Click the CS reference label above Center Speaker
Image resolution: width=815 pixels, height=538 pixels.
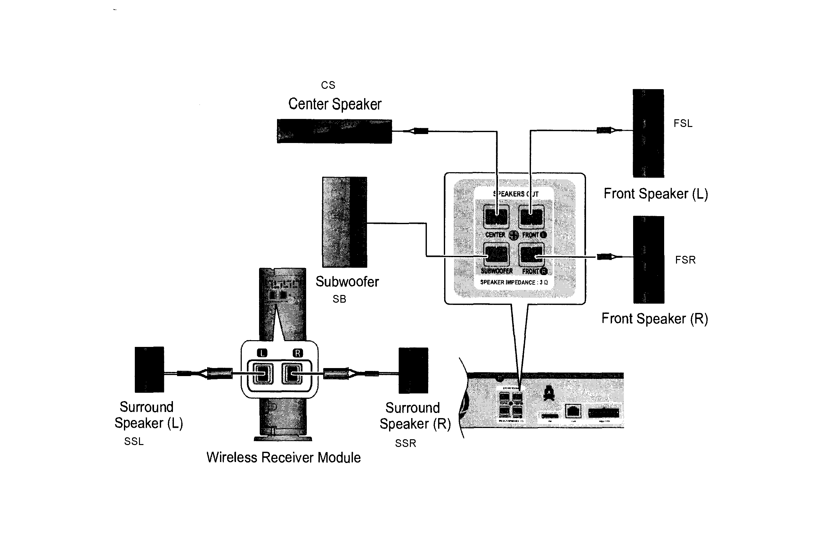point(328,85)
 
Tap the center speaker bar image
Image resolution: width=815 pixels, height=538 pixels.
point(334,131)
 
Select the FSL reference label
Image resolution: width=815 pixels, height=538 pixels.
point(683,123)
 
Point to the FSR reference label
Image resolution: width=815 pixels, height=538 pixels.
point(685,260)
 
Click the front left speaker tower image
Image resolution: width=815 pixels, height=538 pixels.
point(648,133)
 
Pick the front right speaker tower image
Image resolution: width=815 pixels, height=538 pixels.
point(648,260)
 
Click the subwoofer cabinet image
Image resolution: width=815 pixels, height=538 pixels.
point(345,222)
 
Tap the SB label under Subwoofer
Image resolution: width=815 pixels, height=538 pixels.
point(339,299)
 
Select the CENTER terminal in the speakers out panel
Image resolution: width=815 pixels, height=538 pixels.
point(496,217)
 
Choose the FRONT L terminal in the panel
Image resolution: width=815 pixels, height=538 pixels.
point(531,217)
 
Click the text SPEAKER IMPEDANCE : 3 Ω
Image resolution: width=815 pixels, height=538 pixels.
point(514,282)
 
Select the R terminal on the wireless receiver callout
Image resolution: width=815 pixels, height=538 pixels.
point(292,373)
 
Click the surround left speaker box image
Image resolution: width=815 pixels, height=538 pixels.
point(149,370)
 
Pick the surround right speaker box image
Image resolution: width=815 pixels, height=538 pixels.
point(413,371)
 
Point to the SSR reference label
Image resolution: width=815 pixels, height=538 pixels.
point(405,443)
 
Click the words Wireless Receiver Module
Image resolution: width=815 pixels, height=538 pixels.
point(283,458)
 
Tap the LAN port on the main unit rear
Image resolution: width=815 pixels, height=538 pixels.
point(573,411)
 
